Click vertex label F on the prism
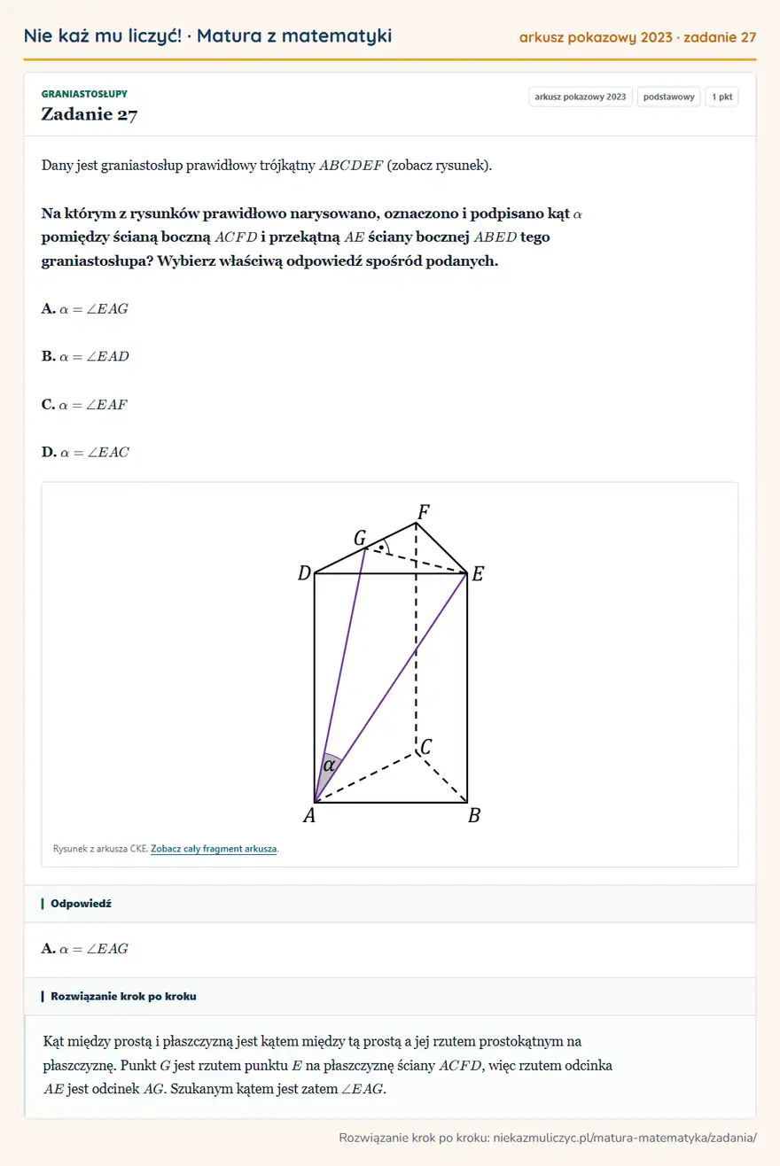[x=424, y=512]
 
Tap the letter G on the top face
[x=360, y=538]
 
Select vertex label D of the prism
[x=304, y=573]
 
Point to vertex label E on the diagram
[x=478, y=574]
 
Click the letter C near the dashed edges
[x=426, y=747]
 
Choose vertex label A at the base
[x=309, y=815]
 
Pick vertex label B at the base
[x=474, y=815]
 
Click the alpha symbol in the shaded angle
[x=329, y=766]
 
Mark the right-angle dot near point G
[x=382, y=548]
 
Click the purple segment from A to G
[x=339, y=675]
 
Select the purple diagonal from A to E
[x=391, y=688]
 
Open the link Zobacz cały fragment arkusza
[x=214, y=849]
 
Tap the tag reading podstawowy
[x=668, y=97]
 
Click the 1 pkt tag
[x=721, y=97]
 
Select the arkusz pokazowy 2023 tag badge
[x=580, y=97]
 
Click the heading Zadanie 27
[x=89, y=114]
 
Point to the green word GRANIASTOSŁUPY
[x=84, y=94]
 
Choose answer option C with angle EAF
[x=84, y=404]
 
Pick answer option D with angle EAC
[x=85, y=452]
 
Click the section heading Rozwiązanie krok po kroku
[x=123, y=996]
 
